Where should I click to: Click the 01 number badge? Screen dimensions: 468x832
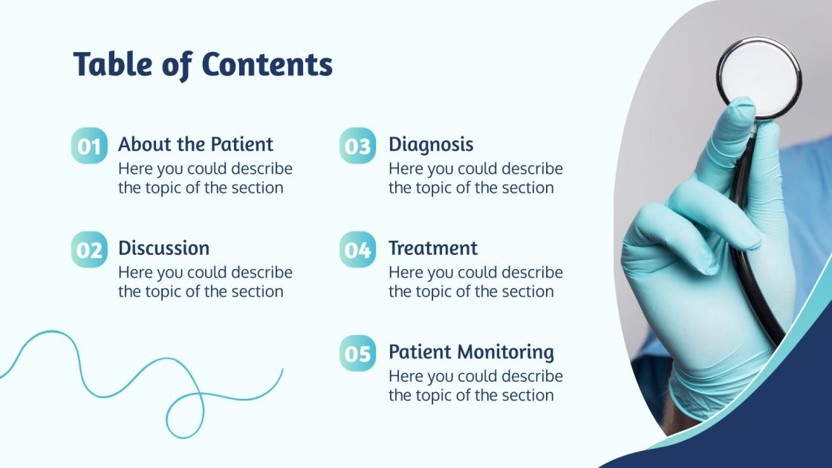pyautogui.click(x=89, y=146)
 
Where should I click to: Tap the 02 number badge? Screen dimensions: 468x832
pyautogui.click(x=89, y=250)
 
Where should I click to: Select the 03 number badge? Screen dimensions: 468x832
pyautogui.click(x=357, y=146)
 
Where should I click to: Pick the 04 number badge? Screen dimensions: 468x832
pyautogui.click(x=357, y=250)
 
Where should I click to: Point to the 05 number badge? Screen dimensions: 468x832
pyautogui.click(x=357, y=354)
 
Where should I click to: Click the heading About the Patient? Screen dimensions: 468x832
pyautogui.click(x=195, y=144)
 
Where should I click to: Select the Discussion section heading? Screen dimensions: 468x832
pyautogui.click(x=163, y=248)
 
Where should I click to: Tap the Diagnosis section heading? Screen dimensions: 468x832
pyautogui.click(x=431, y=144)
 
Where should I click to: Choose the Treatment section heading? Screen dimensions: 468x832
pyautogui.click(x=433, y=248)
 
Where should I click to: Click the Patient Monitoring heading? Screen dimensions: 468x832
pyautogui.click(x=471, y=352)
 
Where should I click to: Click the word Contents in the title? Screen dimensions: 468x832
pyautogui.click(x=267, y=65)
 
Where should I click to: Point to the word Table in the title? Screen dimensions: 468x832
pyautogui.click(x=112, y=65)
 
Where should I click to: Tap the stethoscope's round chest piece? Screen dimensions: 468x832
pyautogui.click(x=758, y=77)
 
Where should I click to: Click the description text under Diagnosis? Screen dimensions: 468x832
pyautogui.click(x=475, y=178)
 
